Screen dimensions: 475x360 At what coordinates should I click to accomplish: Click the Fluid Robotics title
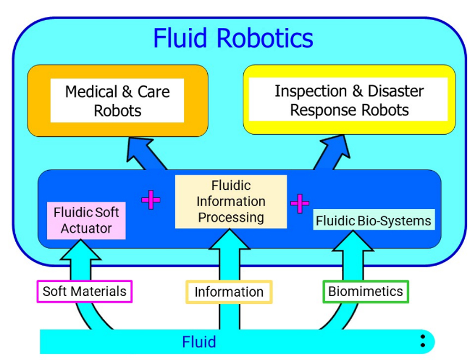233,38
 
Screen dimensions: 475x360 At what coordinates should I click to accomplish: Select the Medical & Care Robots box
118,100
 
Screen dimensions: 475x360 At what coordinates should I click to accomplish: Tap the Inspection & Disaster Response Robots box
349,99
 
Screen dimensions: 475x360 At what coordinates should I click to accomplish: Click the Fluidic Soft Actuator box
86,220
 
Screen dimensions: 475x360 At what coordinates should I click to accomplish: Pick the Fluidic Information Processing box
231,201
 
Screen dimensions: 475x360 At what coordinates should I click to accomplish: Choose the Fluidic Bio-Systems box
374,219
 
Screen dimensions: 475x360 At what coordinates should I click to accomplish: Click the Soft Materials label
85,291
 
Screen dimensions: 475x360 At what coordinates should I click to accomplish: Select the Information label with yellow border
229,292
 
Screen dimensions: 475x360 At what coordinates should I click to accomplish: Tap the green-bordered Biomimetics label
365,291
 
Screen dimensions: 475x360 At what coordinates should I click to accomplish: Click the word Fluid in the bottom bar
199,342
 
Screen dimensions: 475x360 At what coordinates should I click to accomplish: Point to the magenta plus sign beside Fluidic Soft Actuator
151,200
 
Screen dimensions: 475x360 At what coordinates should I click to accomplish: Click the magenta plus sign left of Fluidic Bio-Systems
299,203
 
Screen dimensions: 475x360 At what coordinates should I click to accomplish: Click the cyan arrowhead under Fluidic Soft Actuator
81,250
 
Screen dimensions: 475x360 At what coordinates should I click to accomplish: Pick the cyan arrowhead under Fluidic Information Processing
230,239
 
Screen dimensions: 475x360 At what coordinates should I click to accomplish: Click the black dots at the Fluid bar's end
423,341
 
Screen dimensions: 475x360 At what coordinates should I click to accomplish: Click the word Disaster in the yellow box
395,91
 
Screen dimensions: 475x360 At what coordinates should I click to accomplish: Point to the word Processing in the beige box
231,218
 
